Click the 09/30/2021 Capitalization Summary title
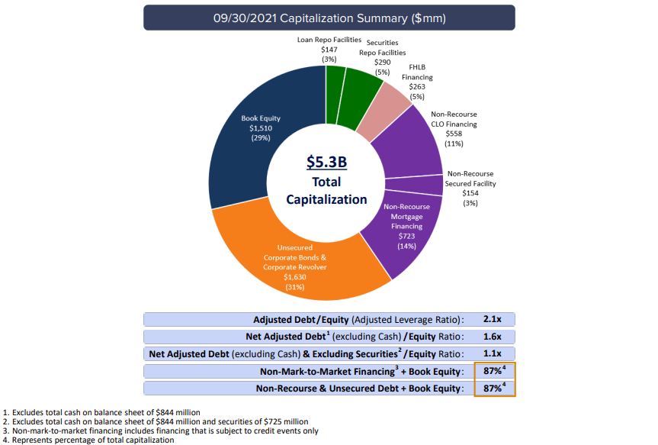click(329, 17)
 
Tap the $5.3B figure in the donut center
click(326, 162)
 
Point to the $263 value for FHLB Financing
click(416, 87)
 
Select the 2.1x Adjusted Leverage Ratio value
click(492, 320)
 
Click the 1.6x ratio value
click(492, 337)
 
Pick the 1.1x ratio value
click(492, 353)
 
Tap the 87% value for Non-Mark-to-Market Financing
click(492, 371)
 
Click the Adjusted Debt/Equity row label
click(358, 320)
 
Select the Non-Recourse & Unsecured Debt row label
click(359, 388)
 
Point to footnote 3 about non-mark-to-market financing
click(159, 430)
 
